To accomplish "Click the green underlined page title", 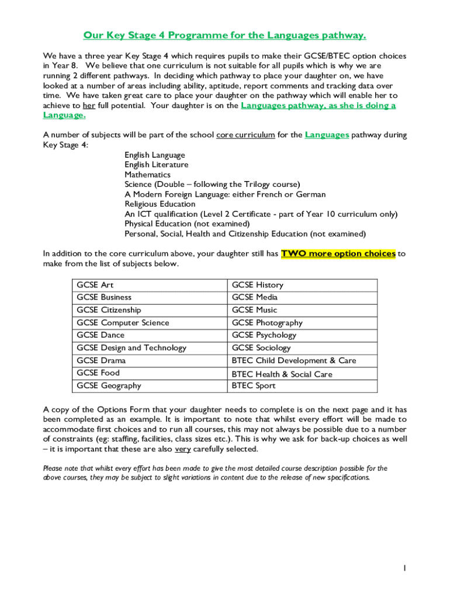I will [x=224, y=36].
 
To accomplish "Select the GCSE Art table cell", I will [x=95, y=285].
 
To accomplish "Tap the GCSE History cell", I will [x=257, y=285].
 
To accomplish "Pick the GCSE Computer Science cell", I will [x=123, y=323].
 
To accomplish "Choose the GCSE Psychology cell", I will [x=264, y=335].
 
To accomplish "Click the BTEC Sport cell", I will [x=254, y=386].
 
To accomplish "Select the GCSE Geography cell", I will [x=109, y=386].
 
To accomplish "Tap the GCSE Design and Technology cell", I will [x=131, y=348].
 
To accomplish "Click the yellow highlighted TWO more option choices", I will [x=338, y=254].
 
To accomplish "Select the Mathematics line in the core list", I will [x=147, y=175].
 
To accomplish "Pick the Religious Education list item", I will [x=160, y=204].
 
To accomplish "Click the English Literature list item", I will [x=156, y=165].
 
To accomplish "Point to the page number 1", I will [x=404, y=568].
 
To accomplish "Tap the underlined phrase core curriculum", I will [x=245, y=135].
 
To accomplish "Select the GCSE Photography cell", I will [x=267, y=323].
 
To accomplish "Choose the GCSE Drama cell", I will [x=101, y=361].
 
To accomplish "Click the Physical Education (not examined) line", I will [x=186, y=224].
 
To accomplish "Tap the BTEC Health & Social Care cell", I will [x=282, y=374].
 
